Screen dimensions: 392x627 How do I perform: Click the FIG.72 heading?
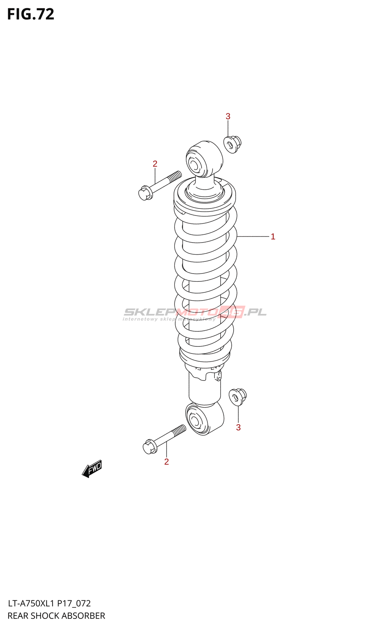click(31, 14)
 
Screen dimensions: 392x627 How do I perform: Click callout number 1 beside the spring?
click(273, 237)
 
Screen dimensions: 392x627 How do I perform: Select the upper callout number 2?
click(155, 164)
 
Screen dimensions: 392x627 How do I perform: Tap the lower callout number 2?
click(167, 462)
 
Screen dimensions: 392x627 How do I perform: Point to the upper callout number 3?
click(228, 116)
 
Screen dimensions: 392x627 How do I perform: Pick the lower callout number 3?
click(238, 428)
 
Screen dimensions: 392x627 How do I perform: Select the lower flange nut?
click(237, 397)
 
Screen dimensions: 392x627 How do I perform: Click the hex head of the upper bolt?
click(145, 193)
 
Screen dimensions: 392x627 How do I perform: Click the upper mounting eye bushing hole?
click(195, 164)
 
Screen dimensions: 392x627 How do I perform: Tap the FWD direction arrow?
click(92, 469)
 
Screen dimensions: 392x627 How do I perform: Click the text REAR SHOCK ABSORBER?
click(56, 616)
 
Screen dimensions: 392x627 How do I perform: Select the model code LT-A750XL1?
click(31, 603)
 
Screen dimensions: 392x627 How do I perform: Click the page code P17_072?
click(74, 603)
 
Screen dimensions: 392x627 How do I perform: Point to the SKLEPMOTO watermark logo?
click(195, 313)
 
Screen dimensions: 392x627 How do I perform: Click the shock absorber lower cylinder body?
click(204, 388)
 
